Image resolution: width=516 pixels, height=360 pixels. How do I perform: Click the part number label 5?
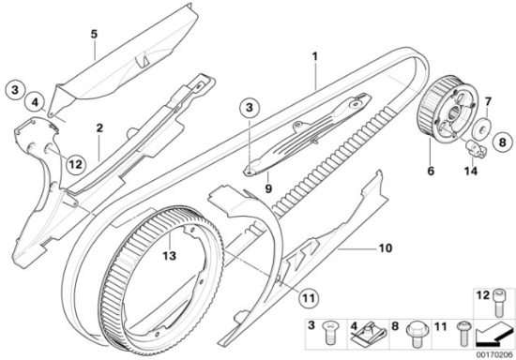pos(95,34)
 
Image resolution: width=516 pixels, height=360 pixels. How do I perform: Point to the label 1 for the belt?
pos(315,56)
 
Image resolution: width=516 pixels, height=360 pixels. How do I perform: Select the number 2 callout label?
pos(99,127)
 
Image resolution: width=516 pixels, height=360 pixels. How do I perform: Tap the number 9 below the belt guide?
pos(268,188)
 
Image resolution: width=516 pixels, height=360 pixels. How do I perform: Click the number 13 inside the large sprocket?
pos(170,255)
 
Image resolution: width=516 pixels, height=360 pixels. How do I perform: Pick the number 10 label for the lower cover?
pos(386,247)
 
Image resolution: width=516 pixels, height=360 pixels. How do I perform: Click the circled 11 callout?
pos(309,298)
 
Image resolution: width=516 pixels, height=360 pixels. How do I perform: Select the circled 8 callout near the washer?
pos(502,142)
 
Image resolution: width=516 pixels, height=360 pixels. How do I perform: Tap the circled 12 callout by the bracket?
pos(75,163)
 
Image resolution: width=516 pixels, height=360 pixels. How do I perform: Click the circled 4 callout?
pos(36,102)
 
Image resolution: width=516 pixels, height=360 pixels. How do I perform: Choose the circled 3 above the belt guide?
pos(250,107)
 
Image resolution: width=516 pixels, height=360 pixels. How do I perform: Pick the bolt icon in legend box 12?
pos(499,303)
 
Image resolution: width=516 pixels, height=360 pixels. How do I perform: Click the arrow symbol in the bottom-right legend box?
pos(493,335)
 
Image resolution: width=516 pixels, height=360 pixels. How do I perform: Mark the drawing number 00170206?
pos(494,355)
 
